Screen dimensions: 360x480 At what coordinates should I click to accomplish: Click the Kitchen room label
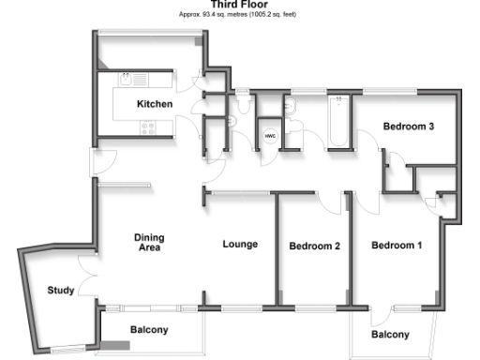pos(155,103)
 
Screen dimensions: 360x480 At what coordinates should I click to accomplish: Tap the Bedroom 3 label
pos(407,126)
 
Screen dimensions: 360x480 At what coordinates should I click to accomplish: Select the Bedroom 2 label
pos(313,247)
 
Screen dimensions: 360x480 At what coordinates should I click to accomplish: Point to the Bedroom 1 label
pos(397,247)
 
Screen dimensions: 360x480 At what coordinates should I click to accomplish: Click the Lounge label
pos(240,245)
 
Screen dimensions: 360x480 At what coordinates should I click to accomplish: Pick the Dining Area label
pos(149,243)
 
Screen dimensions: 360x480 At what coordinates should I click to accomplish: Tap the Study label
pos(61,291)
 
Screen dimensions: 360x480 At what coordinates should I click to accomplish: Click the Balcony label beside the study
pos(149,330)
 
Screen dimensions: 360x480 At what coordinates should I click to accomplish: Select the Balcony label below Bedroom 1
pos(389,335)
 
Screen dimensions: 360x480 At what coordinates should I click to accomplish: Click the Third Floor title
pos(239,5)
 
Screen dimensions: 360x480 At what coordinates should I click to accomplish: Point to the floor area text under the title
pos(239,15)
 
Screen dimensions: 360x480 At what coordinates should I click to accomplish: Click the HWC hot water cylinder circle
pos(270,137)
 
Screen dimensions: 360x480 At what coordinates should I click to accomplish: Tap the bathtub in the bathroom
pos(337,121)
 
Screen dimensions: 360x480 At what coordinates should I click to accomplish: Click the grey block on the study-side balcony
pos(116,347)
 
